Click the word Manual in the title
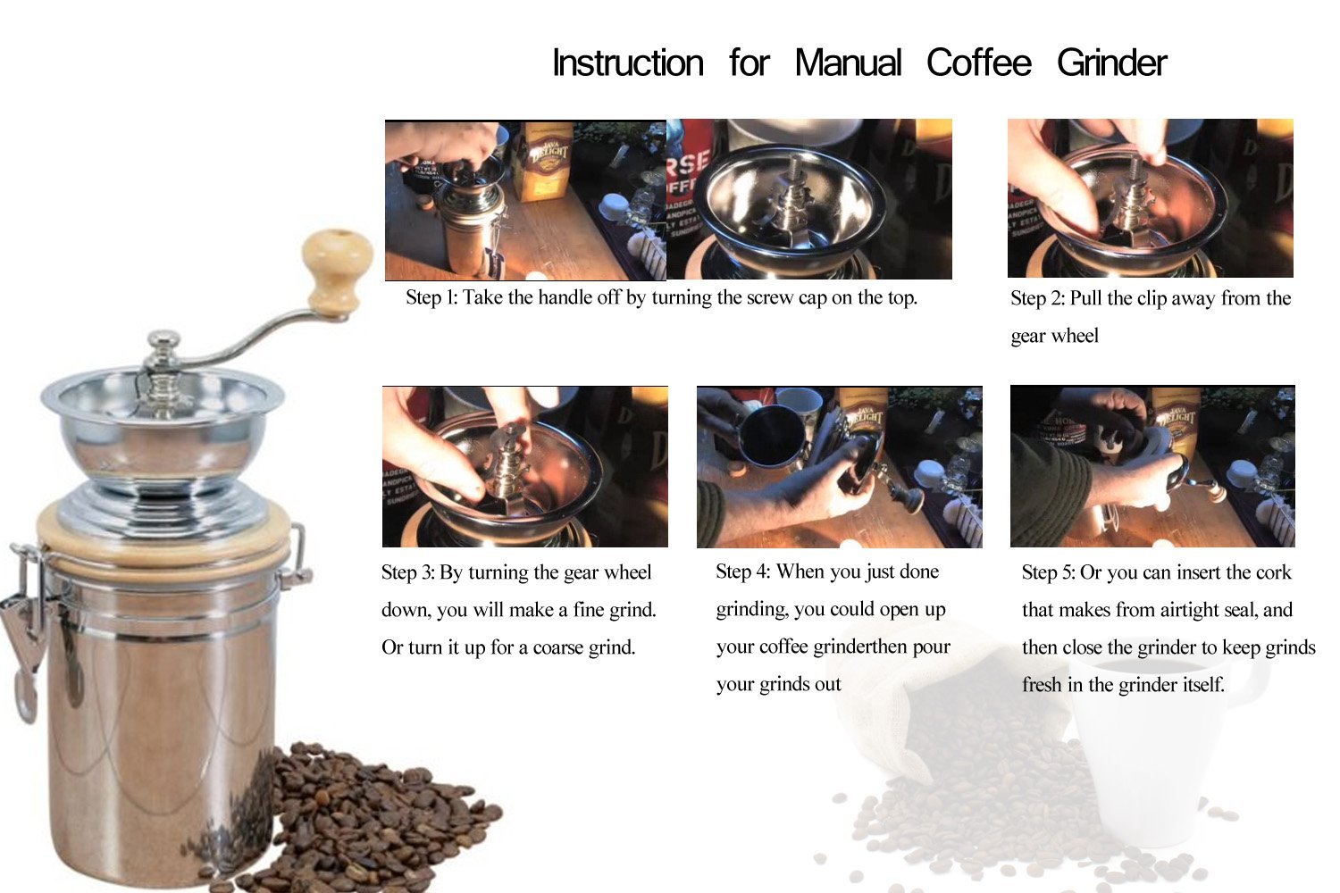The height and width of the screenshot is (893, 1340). [848, 63]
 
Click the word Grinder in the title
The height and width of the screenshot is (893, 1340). [1111, 63]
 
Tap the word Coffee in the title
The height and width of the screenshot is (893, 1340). [978, 63]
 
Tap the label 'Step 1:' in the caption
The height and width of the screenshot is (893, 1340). [431, 297]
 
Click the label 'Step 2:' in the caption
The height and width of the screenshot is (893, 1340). [1036, 298]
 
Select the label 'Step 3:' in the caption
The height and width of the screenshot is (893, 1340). [407, 572]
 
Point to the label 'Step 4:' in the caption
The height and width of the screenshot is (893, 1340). [741, 572]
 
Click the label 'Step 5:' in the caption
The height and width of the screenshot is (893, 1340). [1048, 572]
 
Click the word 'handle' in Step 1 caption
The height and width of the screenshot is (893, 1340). [564, 297]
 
